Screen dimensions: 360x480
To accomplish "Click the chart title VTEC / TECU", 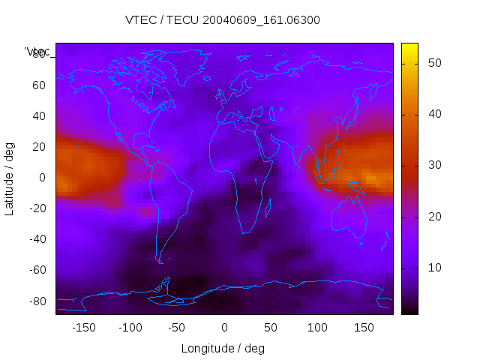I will coord(223,20).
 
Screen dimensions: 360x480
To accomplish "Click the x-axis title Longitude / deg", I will coord(223,348).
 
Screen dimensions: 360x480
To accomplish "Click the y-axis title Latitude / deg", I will coord(10,178).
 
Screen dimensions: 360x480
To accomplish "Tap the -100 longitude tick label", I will coord(130,327).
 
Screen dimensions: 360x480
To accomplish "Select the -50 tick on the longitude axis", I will coord(177,327).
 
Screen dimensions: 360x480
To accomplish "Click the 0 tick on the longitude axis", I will coord(224,327).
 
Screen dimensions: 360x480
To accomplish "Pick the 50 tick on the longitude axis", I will coord(271,327).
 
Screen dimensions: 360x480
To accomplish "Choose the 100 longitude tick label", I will coord(317,327).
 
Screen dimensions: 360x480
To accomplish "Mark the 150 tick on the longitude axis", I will coord(364,327).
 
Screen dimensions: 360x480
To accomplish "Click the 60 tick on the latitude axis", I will coord(39,85).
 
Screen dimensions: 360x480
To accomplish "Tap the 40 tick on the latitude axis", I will coord(39,116).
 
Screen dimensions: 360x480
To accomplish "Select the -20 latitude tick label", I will coord(37,208).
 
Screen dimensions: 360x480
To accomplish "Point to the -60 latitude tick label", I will coord(37,270).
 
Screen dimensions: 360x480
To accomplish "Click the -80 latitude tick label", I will coord(37,301).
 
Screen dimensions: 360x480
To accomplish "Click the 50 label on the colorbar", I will coord(432,63).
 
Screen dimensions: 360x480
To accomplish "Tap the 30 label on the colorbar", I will coord(432,165).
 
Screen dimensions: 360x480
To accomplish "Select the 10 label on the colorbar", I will coord(432,268).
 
